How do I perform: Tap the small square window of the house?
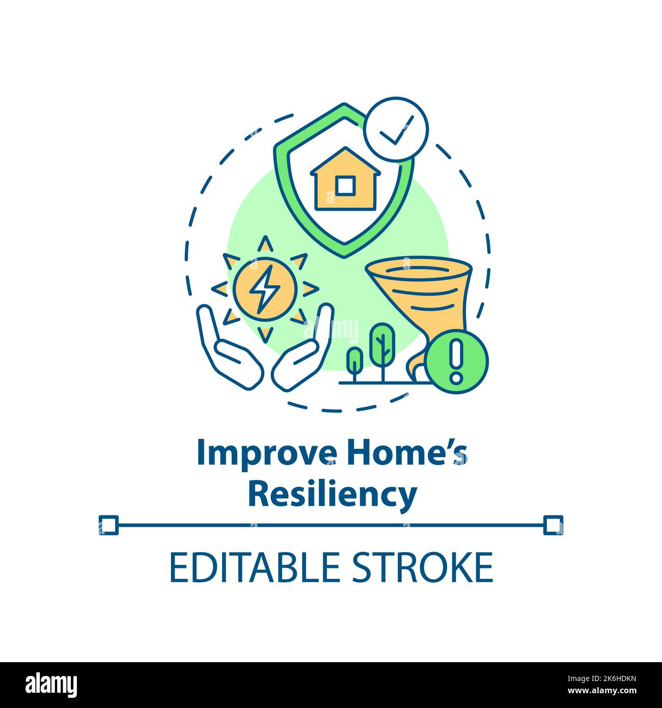coord(345,185)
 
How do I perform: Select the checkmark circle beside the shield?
coord(397,129)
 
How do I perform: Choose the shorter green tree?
coord(354,361)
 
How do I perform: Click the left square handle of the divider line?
coord(108,525)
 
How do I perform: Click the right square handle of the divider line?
coord(553,525)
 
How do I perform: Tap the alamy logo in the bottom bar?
coord(51,684)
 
